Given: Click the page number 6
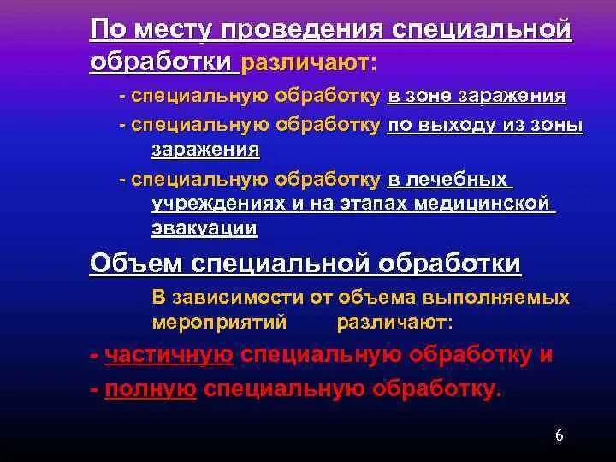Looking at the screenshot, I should pos(559,435).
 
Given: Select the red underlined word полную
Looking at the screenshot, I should pos(151,389).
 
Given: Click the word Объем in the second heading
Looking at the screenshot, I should pos(131,264).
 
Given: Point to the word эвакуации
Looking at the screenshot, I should pos(204,228).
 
